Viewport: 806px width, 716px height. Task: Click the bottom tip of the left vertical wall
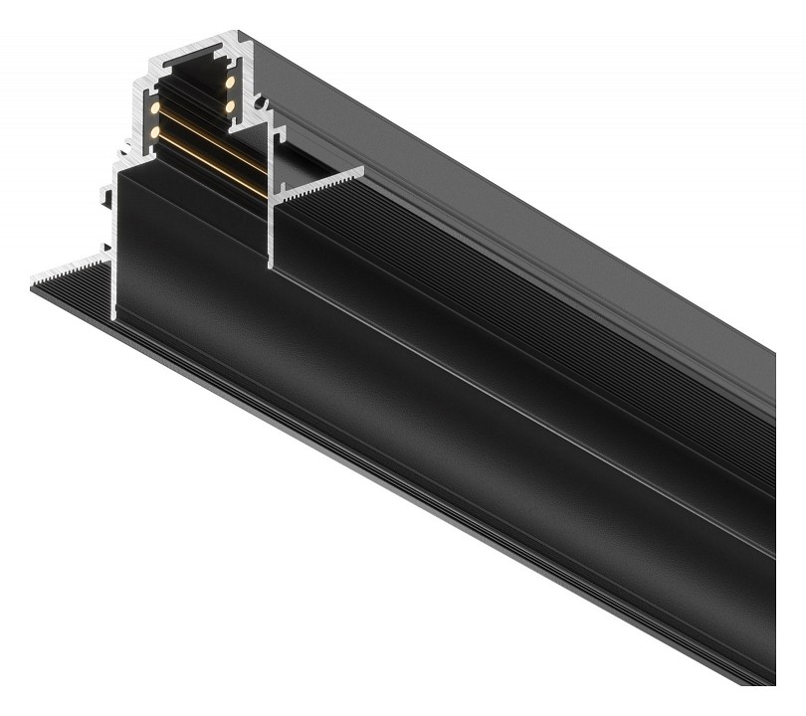click(115, 318)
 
